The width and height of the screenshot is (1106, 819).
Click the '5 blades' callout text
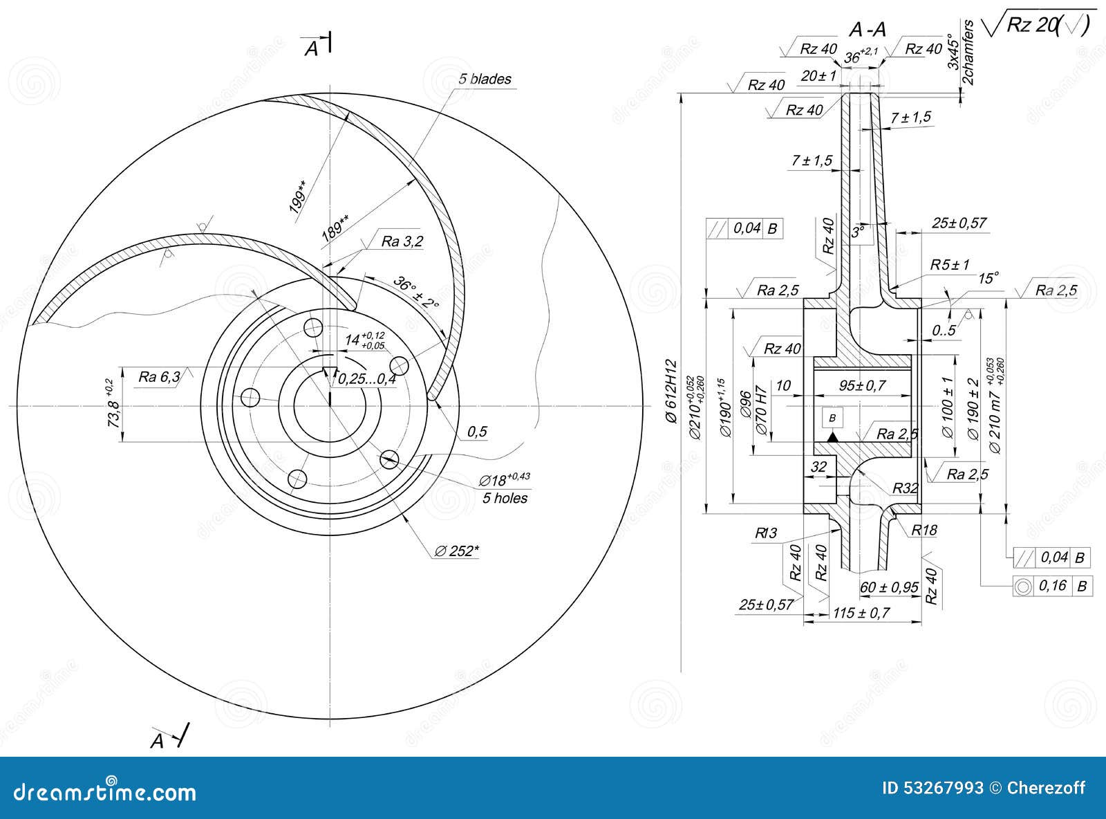[x=485, y=79]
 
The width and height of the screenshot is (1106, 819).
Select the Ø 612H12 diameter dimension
[x=670, y=392]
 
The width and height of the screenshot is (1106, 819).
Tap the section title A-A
[x=867, y=30]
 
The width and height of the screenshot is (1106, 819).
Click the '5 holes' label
[x=505, y=498]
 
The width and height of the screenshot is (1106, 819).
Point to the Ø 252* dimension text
[x=457, y=551]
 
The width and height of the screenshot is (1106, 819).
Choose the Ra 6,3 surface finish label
[x=160, y=376]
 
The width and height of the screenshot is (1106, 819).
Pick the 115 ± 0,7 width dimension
[x=861, y=612]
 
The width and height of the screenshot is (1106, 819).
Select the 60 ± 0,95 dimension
[x=889, y=587]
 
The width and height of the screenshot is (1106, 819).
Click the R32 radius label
[x=904, y=488]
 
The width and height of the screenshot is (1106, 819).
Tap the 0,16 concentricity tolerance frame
[x=1052, y=586]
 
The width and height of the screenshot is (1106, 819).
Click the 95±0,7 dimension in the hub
[x=862, y=385]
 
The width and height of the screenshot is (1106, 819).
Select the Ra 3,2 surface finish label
[x=402, y=241]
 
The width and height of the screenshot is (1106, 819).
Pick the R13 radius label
[x=766, y=533]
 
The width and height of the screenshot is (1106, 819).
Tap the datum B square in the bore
[x=832, y=418]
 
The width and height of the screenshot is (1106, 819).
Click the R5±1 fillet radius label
[x=950, y=264]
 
